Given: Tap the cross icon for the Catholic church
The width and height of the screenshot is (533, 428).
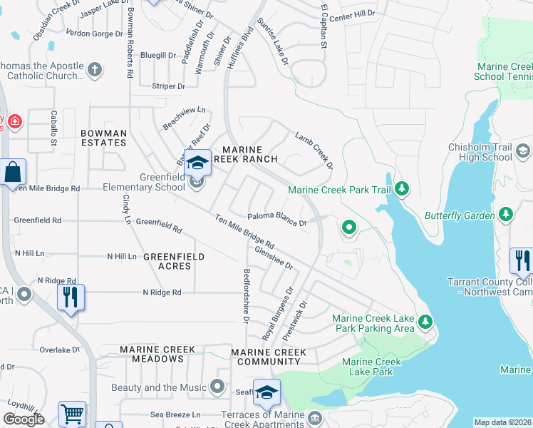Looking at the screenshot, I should (94, 70).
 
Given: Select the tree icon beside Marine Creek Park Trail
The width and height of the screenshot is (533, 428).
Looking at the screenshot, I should (403, 189).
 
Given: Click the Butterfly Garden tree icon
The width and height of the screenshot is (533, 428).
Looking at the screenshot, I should (506, 214).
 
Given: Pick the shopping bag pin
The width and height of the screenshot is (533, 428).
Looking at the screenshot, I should (13, 172).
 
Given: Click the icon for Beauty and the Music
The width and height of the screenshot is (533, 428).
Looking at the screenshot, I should (218, 388).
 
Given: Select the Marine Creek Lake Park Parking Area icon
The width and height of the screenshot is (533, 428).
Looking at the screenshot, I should (425, 322).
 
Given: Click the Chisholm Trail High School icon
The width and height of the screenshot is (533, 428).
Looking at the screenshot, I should (523, 151).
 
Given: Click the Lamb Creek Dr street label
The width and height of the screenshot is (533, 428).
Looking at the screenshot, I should (314, 150).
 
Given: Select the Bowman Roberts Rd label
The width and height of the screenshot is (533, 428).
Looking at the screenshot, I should (130, 41).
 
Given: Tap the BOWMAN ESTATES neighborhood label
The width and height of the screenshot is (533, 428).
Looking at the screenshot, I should (103, 138).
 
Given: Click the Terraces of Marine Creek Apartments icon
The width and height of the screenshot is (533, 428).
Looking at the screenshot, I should (314, 417).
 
